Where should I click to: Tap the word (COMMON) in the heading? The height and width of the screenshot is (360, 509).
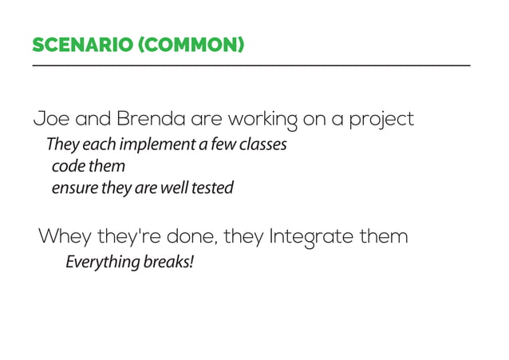coord(191,45)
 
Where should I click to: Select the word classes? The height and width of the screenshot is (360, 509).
coord(262,145)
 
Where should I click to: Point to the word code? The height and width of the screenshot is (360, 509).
coord(66,167)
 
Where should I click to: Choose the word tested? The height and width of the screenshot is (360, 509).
coord(212,188)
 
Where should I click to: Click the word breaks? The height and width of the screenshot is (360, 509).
coord(168,262)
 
